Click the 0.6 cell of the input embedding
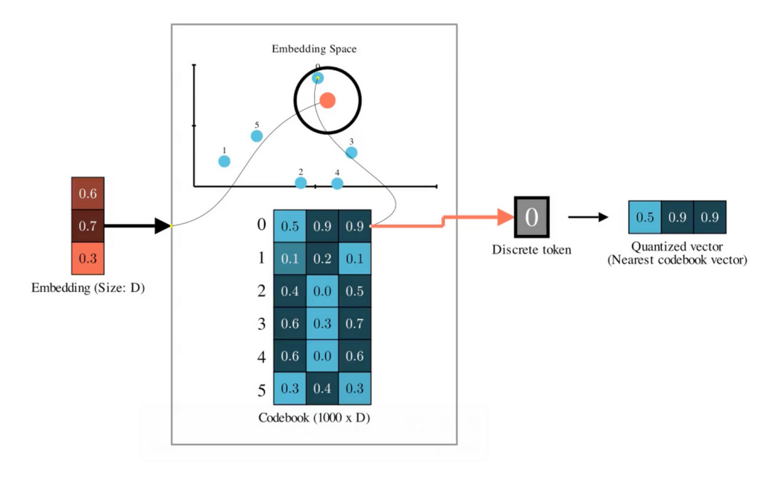pos(88,194)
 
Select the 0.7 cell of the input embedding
pos(88,225)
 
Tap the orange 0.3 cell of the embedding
pos(88,257)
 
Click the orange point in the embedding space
pos(327,100)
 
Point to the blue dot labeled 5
pos(257,136)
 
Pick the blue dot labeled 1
pos(224,161)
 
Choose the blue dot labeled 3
pos(351,153)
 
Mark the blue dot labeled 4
pos(337,184)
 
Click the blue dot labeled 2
pos(301,183)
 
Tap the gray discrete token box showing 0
pos(531,218)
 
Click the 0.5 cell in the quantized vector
pos(645,218)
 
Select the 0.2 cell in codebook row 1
pos(322,258)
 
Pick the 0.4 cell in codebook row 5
pos(322,388)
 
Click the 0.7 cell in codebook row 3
pos(354,323)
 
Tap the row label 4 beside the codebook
pos(261,357)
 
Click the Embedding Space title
pos(313,50)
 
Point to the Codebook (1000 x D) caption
pos(314,418)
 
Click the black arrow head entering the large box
pos(162,225)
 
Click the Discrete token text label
pos(531,250)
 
